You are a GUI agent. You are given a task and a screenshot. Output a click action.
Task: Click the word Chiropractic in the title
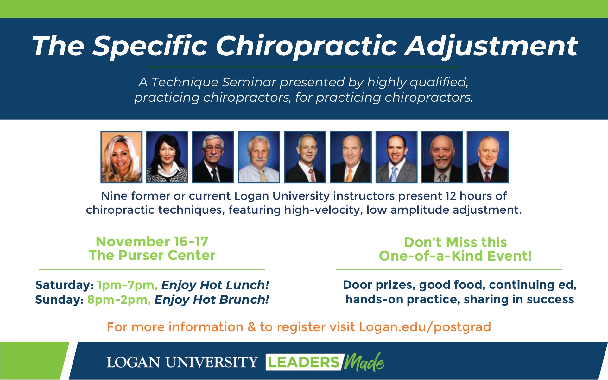pos(306,47)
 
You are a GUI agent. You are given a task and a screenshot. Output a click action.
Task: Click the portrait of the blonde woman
pos(121,157)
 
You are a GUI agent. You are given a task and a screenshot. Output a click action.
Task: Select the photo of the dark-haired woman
pos(167,157)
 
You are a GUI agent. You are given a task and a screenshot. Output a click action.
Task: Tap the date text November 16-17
pos(152,242)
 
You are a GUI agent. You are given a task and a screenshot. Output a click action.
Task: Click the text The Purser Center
pos(152,255)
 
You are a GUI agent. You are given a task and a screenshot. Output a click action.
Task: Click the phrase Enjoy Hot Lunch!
pos(215,285)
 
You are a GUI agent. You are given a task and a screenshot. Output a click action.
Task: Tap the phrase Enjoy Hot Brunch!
pos(212,300)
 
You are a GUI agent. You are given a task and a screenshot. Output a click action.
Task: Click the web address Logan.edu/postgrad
pos(425,327)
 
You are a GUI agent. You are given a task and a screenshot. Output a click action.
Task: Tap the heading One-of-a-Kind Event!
pos(455,256)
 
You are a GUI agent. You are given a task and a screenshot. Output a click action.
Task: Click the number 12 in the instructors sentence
pos(451,196)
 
